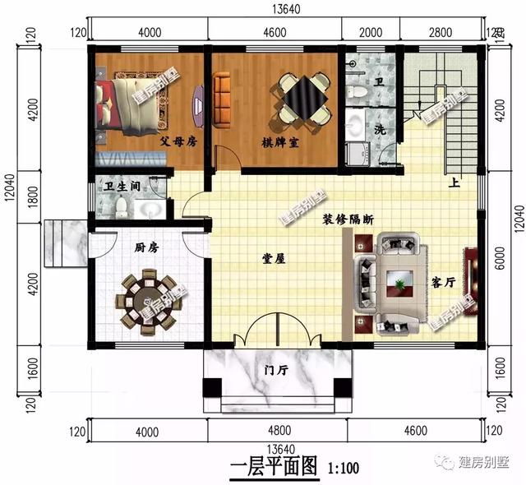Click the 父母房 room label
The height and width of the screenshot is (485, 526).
178,141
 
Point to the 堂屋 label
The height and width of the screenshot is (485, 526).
273,258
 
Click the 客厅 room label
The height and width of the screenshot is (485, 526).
444,282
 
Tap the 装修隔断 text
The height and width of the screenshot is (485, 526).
348,219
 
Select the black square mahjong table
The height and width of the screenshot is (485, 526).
302,99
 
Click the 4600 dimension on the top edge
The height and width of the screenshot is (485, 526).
274,32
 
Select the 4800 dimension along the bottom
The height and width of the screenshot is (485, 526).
279,431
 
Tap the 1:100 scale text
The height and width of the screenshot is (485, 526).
345,470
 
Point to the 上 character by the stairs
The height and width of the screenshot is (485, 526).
454,183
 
